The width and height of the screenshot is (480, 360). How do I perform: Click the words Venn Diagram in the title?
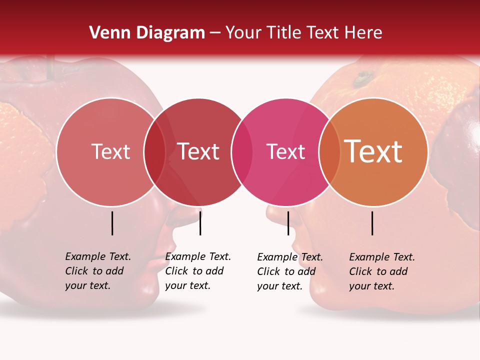pyautogui.click(x=147, y=32)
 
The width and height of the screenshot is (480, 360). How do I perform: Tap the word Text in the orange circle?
pyautogui.click(x=373, y=151)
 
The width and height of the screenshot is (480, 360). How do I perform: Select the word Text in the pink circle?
pyautogui.click(x=285, y=151)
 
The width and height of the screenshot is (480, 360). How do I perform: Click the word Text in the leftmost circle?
pyautogui.click(x=110, y=151)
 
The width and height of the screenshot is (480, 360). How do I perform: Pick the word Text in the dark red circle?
pyautogui.click(x=198, y=151)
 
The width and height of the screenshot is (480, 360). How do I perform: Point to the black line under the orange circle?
pyautogui.click(x=372, y=223)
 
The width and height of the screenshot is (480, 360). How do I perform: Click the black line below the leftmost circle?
pyautogui.click(x=112, y=223)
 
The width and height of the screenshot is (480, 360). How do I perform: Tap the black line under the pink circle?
pyautogui.click(x=288, y=223)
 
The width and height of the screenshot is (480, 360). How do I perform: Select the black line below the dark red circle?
pyautogui.click(x=200, y=223)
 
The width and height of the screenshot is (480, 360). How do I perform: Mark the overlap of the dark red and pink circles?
pyautogui.click(x=241, y=152)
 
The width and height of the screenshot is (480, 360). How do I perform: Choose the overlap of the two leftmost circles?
pyautogui.click(x=154, y=152)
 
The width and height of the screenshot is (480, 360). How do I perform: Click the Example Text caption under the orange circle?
pyautogui.click(x=381, y=271)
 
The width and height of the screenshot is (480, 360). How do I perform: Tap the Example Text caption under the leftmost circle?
pyautogui.click(x=97, y=271)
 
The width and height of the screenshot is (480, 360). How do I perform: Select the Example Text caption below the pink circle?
pyautogui.click(x=289, y=271)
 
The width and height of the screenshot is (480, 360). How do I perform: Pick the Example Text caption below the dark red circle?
pyautogui.click(x=197, y=271)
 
